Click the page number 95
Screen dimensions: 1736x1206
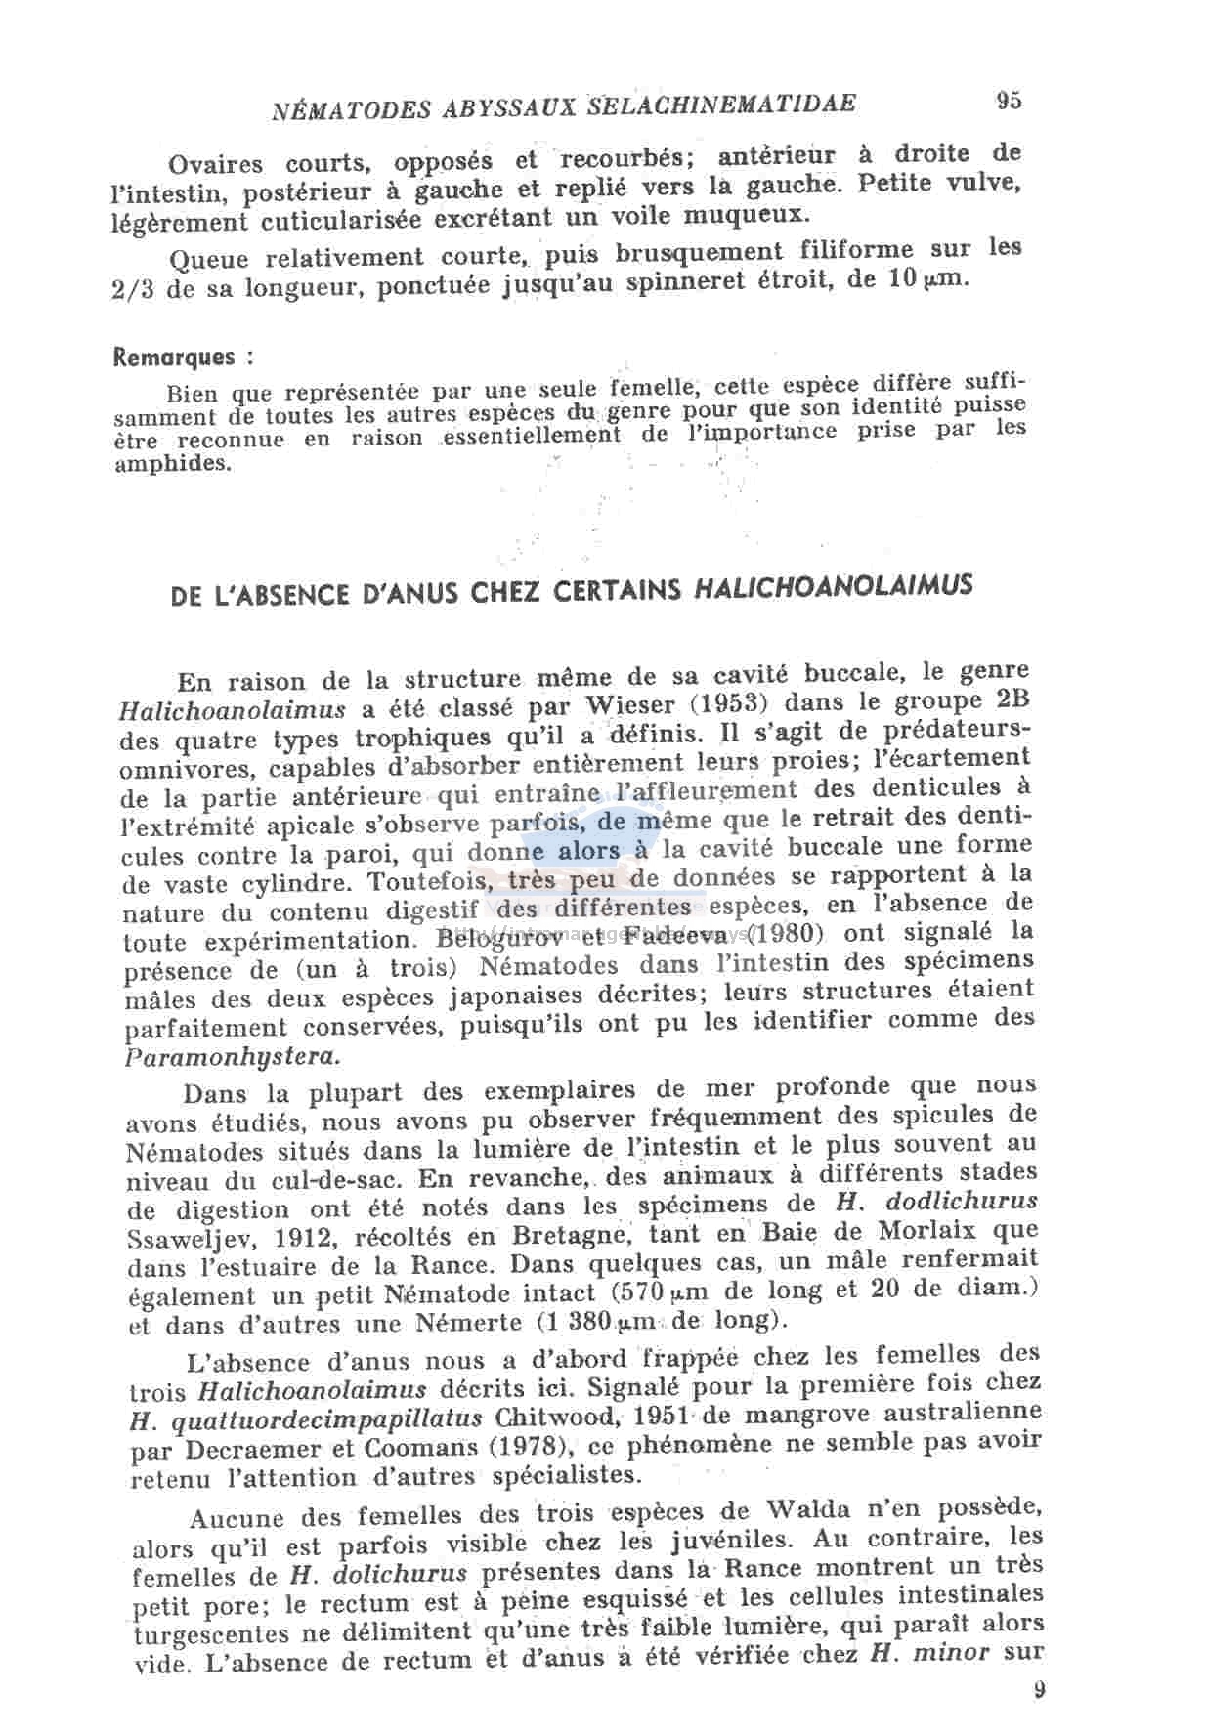(1009, 101)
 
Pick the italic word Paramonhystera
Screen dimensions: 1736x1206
(234, 1056)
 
